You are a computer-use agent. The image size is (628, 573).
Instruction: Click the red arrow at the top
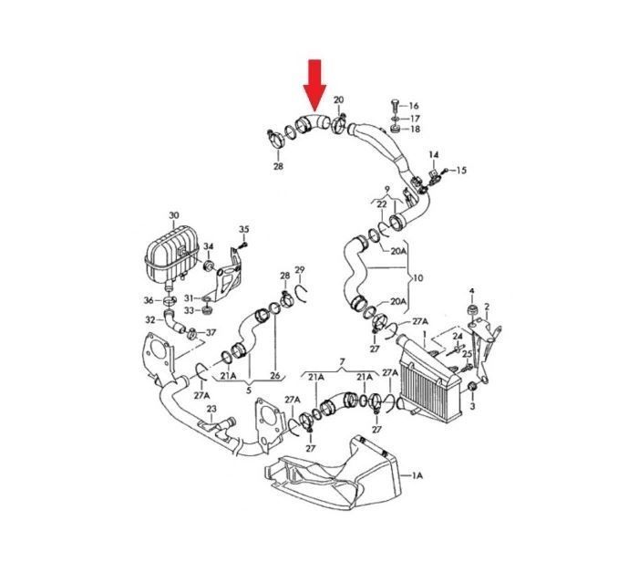click(x=314, y=85)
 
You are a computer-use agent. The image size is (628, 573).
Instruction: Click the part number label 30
click(x=173, y=215)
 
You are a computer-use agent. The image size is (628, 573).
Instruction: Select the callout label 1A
click(x=417, y=475)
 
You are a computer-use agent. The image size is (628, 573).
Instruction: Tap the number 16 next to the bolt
click(x=414, y=106)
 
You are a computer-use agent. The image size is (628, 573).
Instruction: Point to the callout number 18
click(x=416, y=130)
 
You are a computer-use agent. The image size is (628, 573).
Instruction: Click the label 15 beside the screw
click(x=461, y=171)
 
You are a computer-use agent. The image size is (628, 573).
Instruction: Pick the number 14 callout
click(x=434, y=154)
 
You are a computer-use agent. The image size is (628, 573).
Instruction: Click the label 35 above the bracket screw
click(x=244, y=229)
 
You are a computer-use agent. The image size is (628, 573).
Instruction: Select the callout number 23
click(x=211, y=409)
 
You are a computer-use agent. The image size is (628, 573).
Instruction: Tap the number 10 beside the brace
click(x=417, y=278)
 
